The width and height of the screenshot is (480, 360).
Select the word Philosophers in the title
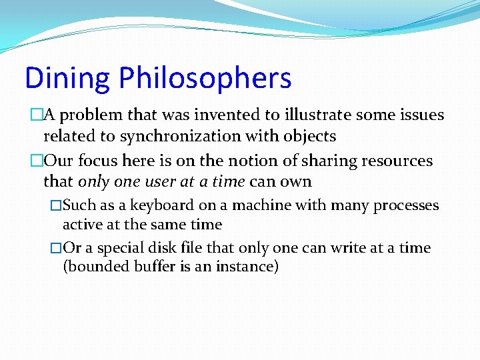click(x=205, y=79)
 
